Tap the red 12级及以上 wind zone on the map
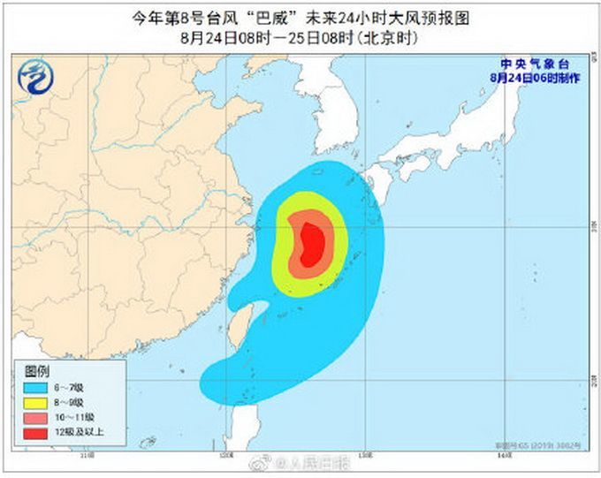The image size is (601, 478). [311, 244]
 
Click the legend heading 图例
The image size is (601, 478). [34, 370]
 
